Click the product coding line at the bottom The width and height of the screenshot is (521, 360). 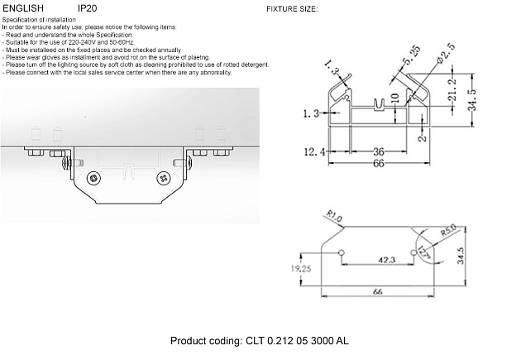coord(260,341)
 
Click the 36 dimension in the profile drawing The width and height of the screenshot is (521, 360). coord(378,151)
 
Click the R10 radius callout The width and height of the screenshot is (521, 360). coord(334,218)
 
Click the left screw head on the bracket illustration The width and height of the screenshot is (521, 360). coord(98,177)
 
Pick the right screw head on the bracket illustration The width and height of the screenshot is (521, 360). coord(164,177)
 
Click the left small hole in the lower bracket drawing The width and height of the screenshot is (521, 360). coord(339,250)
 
